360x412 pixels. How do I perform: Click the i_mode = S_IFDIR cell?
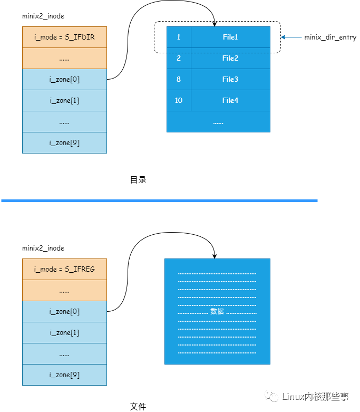tap(64, 37)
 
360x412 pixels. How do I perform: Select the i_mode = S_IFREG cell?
tap(64, 270)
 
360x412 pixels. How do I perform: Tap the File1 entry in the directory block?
tap(230, 37)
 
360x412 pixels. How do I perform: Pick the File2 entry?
tap(230, 59)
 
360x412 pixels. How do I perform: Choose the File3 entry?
tap(230, 80)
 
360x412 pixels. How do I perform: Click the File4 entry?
tap(230, 101)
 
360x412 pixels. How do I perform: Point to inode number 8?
tap(179, 80)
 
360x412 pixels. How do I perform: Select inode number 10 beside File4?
tap(179, 101)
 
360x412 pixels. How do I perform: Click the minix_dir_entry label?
tap(330, 38)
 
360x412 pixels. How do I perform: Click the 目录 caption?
tap(138, 180)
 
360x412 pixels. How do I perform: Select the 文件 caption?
tap(138, 407)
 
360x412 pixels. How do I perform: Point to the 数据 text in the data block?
tap(217, 312)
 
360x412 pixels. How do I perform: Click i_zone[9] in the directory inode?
tap(64, 143)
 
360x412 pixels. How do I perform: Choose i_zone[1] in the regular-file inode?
tap(64, 333)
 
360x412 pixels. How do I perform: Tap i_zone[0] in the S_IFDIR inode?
tap(64, 80)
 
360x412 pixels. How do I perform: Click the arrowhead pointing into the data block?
tap(215, 256)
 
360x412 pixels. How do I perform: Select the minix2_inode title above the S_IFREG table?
tap(43, 248)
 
